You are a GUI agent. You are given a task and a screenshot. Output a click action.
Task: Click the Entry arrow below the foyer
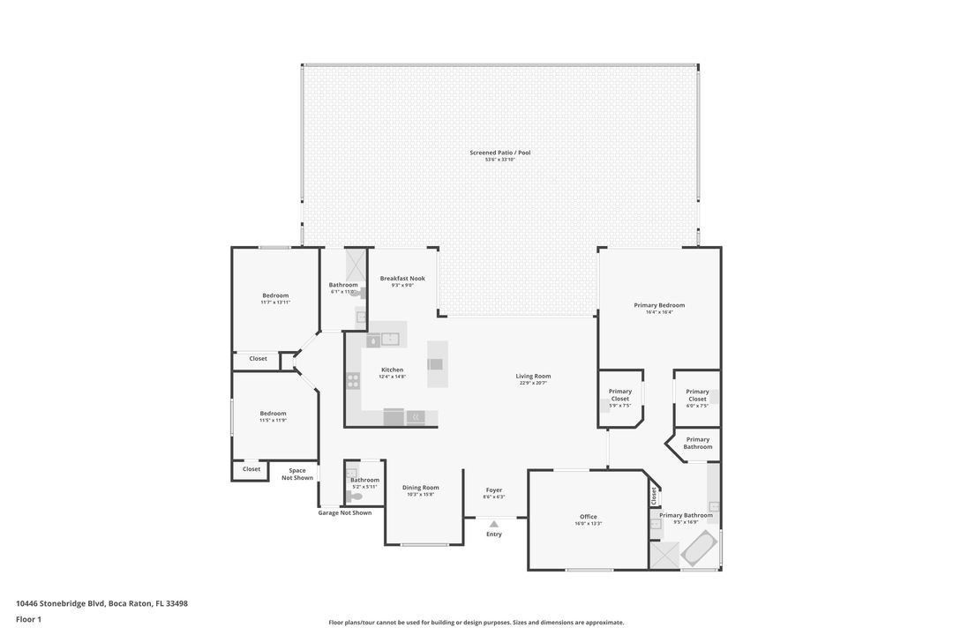(x=494, y=524)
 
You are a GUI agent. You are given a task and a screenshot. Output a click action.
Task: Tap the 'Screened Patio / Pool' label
(x=499, y=153)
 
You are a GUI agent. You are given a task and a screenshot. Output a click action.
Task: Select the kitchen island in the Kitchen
(x=437, y=364)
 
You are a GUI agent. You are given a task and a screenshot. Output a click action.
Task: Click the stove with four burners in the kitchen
(x=353, y=381)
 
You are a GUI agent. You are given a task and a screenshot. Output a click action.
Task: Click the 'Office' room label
(x=588, y=517)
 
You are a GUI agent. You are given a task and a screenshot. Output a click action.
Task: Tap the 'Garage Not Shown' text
(x=344, y=512)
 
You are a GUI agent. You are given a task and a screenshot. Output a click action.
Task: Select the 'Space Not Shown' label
(x=296, y=474)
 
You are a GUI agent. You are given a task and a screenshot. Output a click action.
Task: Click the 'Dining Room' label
(x=420, y=488)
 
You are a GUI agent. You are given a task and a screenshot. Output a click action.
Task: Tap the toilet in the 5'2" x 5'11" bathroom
(x=356, y=497)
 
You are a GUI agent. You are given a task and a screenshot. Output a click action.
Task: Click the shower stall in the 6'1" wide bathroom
(x=356, y=265)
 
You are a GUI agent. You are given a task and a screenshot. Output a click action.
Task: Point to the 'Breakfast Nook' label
(x=402, y=279)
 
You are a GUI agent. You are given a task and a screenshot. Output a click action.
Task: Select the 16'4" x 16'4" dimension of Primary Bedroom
(x=659, y=312)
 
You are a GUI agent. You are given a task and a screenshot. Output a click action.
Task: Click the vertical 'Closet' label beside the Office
(x=654, y=497)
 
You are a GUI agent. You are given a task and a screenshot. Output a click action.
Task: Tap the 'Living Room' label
(x=533, y=376)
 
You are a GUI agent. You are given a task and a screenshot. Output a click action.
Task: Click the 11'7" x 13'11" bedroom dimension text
(x=275, y=303)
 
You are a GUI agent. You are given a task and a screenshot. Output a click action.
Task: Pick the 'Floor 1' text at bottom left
(x=28, y=619)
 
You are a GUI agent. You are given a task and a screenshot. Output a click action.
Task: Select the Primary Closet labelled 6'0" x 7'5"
(x=697, y=398)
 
